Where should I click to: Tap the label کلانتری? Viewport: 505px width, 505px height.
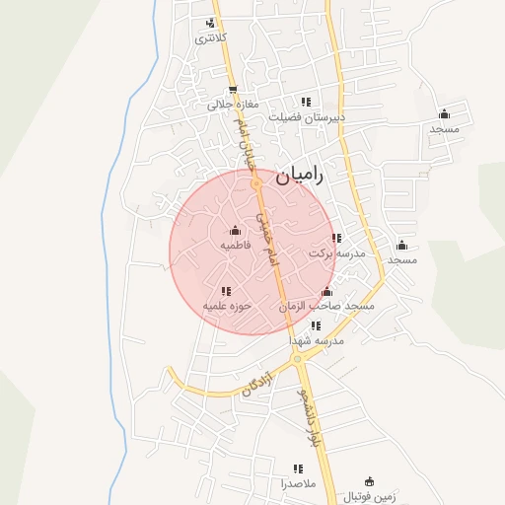click(210, 38)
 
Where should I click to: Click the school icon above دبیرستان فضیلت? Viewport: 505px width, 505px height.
click(306, 101)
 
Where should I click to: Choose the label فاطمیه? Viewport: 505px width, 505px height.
click(235, 245)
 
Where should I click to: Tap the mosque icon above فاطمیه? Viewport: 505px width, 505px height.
click(234, 231)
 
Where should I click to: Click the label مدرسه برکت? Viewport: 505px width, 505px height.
click(337, 252)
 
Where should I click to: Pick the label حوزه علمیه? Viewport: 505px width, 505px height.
click(228, 306)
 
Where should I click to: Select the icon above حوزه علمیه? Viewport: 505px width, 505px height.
click(226, 291)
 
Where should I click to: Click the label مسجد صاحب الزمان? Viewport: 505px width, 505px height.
click(327, 307)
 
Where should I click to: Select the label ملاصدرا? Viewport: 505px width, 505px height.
click(296, 484)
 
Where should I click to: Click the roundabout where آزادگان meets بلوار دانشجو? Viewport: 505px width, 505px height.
click(297, 359)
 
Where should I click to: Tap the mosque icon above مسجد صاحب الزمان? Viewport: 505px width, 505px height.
click(327, 292)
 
